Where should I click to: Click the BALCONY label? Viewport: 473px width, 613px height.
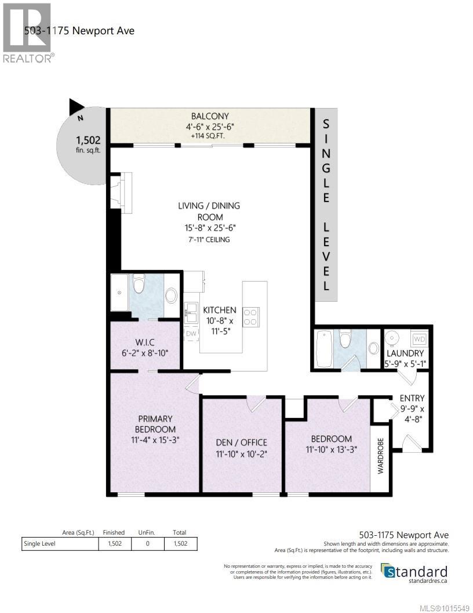coord(210,116)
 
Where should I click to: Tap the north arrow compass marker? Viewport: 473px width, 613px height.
coord(77,107)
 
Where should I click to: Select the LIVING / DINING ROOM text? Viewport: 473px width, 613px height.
coord(209,211)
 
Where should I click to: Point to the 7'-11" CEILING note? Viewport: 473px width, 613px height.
coord(209,239)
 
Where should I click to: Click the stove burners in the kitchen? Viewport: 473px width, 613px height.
coord(250,316)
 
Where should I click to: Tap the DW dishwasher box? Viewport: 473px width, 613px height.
coord(191,334)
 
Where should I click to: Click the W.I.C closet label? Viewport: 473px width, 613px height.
coord(144,347)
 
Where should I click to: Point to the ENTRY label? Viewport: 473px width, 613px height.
coord(412,398)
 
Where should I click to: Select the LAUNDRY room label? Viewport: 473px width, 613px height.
coord(405,353)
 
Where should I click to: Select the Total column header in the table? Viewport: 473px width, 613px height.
coord(179,532)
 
